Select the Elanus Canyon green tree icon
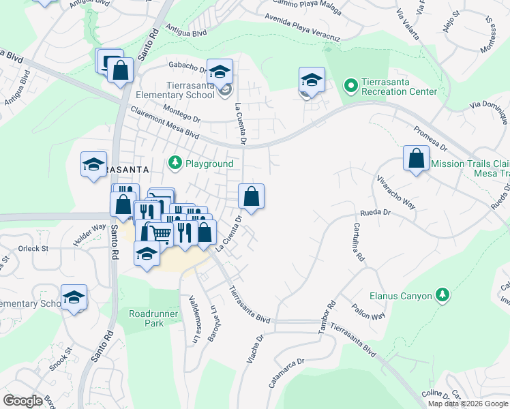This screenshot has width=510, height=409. [443, 295]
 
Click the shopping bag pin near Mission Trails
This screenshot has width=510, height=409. [416, 159]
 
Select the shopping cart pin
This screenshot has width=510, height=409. [161, 232]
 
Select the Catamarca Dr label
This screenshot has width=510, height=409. [286, 374]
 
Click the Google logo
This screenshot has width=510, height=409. [23, 401]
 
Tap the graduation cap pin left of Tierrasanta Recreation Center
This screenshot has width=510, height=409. [312, 80]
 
